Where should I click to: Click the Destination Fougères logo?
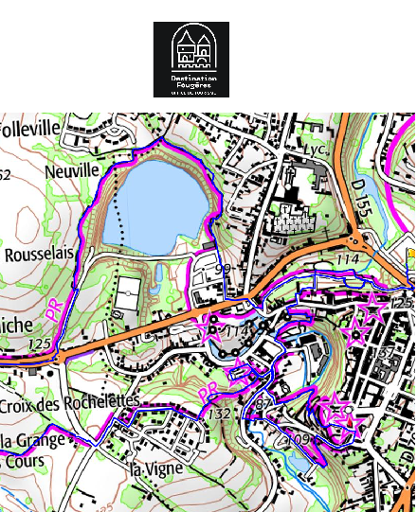(191, 60)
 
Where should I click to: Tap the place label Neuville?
(71, 171)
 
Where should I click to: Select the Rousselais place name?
(38, 256)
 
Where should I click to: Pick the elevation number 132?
(219, 415)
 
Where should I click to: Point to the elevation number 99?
(224, 270)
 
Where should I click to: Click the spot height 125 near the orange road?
(39, 343)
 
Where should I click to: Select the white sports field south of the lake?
(128, 297)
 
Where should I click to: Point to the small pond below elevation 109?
(299, 462)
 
